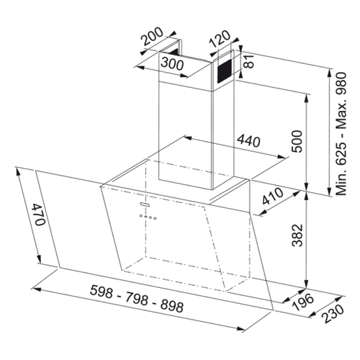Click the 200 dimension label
coord(152,36)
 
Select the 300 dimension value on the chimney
coord(172,63)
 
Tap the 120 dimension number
coord(220,39)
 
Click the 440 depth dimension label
coord(248,140)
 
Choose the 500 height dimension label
coord(297,141)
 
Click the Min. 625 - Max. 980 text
coord(341,134)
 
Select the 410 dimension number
coord(273,197)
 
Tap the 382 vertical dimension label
coord(297,235)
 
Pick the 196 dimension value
coord(303,302)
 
